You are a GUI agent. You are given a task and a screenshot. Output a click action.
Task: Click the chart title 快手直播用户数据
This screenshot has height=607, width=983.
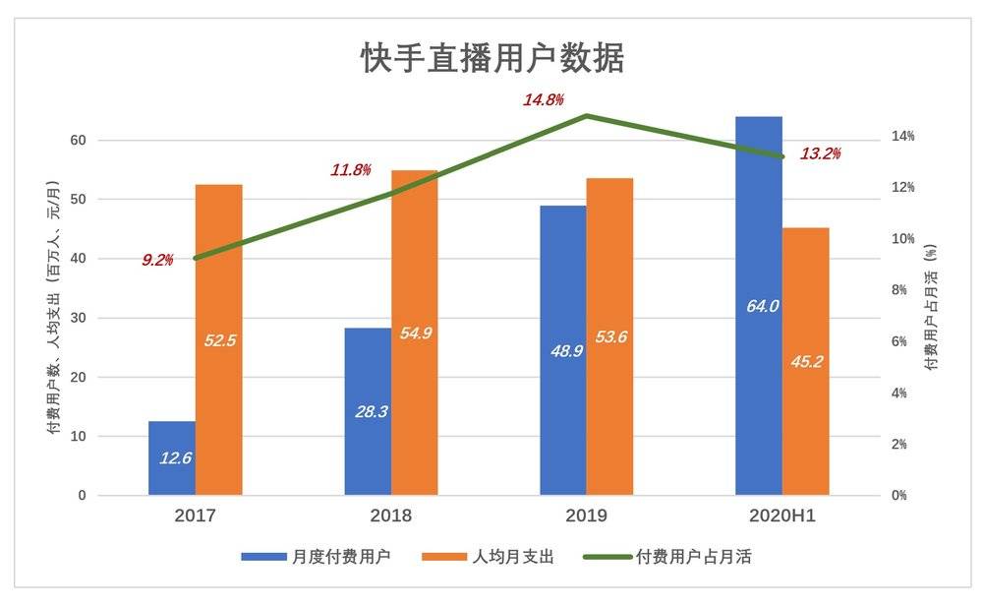coord(492,59)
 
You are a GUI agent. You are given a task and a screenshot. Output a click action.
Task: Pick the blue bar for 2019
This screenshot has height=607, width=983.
coord(562,394)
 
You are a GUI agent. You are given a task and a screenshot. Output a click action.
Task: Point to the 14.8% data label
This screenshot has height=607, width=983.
coord(543,99)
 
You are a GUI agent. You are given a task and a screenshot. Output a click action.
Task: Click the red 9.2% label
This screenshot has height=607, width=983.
coord(157,260)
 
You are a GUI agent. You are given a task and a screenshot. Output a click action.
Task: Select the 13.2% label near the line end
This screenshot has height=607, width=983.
coord(821,153)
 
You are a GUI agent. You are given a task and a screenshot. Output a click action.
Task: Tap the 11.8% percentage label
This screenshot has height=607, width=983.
coord(351,170)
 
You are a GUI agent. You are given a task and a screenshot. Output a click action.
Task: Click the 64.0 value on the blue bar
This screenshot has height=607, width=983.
coord(762,306)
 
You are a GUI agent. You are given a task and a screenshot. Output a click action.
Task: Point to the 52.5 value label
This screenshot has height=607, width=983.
coord(220,340)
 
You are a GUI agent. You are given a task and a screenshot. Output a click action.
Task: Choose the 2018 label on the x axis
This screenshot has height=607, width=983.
coord(391,516)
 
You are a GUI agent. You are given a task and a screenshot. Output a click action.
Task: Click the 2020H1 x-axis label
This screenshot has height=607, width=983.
coord(782,516)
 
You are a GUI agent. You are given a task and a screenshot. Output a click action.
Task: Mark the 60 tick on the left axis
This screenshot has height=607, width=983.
coord(78,141)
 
